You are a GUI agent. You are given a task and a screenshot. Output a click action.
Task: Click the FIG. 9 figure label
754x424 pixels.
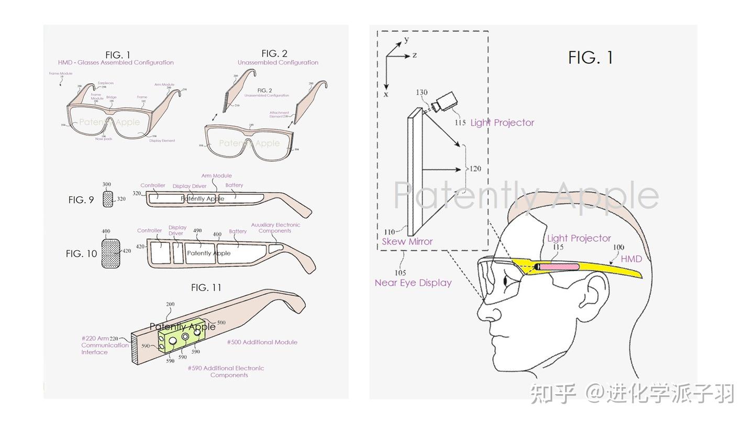(x=81, y=199)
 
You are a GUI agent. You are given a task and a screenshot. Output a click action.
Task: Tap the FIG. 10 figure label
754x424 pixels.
(x=81, y=253)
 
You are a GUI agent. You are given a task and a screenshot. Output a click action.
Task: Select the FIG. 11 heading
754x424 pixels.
(x=206, y=287)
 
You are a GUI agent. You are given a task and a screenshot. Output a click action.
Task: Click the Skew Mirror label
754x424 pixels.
(x=407, y=241)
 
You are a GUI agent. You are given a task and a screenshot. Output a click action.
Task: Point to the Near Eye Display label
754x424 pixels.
(x=413, y=283)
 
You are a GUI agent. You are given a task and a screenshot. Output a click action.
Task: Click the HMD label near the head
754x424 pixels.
(x=631, y=259)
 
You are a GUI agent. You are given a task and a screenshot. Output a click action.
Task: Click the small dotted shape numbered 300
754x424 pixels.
(x=108, y=199)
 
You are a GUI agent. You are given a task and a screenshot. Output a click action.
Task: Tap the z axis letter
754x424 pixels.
(x=415, y=55)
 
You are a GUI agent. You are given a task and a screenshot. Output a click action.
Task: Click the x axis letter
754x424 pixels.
(x=386, y=94)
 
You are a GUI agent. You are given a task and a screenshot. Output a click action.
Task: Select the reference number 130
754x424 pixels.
(x=422, y=93)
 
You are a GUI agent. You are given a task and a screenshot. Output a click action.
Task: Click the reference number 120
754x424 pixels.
(x=475, y=169)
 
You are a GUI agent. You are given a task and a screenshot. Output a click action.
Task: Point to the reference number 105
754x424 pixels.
(x=400, y=272)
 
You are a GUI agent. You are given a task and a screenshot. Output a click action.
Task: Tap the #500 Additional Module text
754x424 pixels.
(x=262, y=342)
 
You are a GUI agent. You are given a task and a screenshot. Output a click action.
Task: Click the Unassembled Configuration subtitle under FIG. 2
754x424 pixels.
(x=278, y=62)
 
